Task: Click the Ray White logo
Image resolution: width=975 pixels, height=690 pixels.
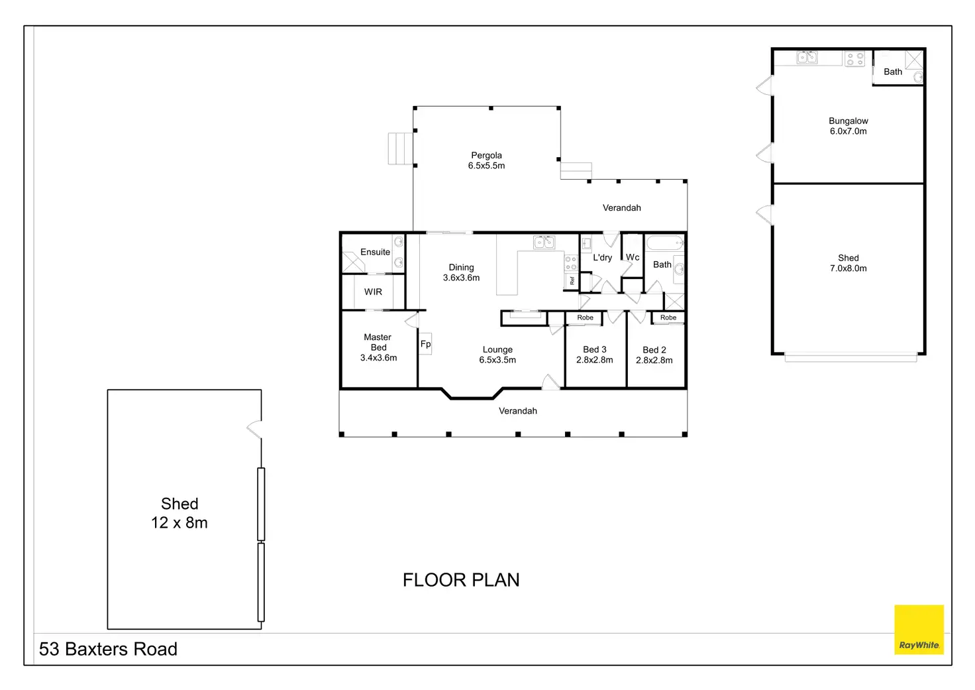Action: click(919, 629)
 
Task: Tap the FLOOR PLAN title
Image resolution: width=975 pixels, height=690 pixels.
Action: click(461, 580)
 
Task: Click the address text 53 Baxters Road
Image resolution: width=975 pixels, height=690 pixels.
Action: click(108, 649)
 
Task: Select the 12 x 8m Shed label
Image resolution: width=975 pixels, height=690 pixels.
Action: click(180, 513)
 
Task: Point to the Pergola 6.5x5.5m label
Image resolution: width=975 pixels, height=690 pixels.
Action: click(486, 160)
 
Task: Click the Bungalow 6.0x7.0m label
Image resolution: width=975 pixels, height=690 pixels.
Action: click(848, 126)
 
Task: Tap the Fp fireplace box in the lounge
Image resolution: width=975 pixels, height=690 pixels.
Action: click(425, 344)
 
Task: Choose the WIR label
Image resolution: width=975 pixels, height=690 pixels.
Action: click(373, 292)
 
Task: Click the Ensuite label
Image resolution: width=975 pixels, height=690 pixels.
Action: click(375, 252)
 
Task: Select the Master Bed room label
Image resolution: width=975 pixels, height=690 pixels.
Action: click(378, 347)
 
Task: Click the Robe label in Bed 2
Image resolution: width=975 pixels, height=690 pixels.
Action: click(668, 317)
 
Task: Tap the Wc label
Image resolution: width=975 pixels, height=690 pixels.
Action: click(633, 257)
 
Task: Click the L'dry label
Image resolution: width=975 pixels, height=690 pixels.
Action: click(602, 257)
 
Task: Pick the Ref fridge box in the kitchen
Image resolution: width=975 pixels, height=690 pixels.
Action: click(572, 281)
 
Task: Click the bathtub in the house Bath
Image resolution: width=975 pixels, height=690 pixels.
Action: click(664, 243)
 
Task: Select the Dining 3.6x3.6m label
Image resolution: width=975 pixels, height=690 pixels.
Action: click(462, 272)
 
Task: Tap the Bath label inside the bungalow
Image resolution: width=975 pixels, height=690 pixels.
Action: click(893, 72)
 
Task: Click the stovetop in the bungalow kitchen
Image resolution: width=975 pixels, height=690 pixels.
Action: click(854, 59)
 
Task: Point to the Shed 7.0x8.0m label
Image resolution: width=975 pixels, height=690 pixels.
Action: click(848, 263)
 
